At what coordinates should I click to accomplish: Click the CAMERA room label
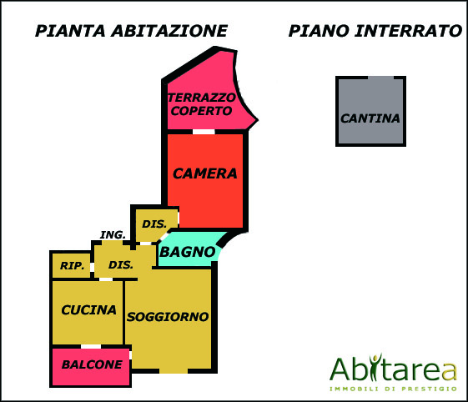click(204, 173)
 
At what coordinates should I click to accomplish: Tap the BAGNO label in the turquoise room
click(188, 252)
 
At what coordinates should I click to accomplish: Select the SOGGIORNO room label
click(168, 317)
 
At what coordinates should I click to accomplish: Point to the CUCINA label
click(88, 310)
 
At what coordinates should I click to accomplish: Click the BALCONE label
click(92, 364)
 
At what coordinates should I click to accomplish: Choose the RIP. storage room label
click(73, 265)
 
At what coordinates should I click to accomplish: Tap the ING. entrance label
click(113, 235)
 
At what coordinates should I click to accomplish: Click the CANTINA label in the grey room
click(370, 118)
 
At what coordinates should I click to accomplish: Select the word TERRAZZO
click(202, 98)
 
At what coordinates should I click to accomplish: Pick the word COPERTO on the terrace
click(202, 111)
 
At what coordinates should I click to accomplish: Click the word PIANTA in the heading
click(70, 31)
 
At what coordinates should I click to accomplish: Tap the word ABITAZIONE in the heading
click(169, 31)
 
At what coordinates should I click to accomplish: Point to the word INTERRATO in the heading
click(408, 31)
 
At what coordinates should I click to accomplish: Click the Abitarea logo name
click(394, 368)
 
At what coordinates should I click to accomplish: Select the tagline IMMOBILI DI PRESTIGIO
click(394, 389)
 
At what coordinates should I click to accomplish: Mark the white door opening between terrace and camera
click(204, 132)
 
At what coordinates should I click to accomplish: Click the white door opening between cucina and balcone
click(91, 346)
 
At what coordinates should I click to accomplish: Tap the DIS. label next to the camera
click(154, 224)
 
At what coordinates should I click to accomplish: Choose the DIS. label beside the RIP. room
click(121, 264)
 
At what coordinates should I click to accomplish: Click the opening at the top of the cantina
click(381, 78)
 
